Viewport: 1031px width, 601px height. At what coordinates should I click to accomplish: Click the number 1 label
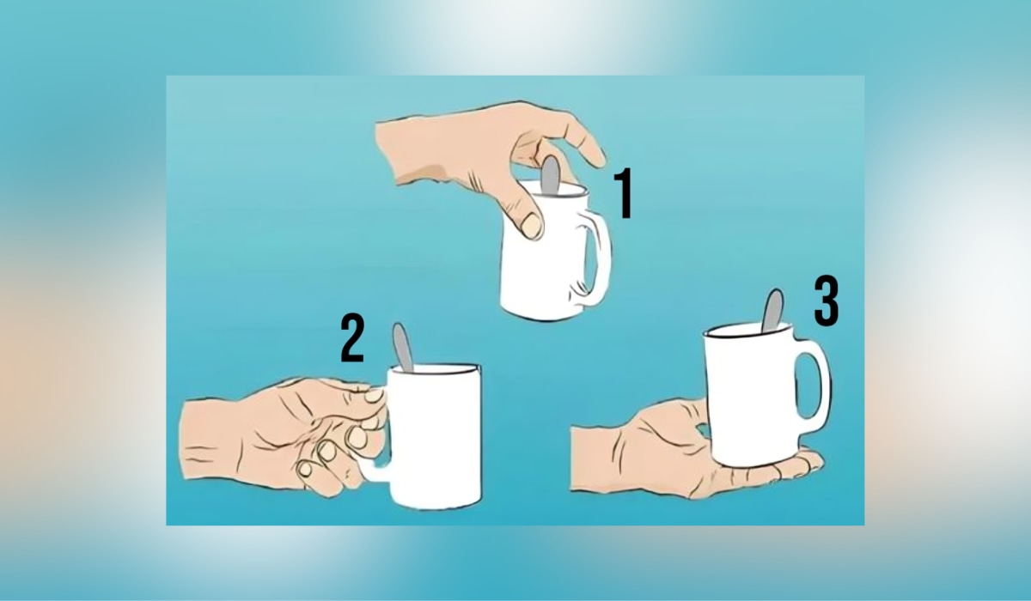(624, 195)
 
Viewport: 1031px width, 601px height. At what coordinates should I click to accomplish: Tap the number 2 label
(351, 338)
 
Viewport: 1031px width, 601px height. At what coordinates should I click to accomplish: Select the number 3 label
(826, 301)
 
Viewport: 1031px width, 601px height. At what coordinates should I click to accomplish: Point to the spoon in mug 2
(402, 347)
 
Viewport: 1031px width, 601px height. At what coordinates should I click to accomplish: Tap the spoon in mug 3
(772, 309)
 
